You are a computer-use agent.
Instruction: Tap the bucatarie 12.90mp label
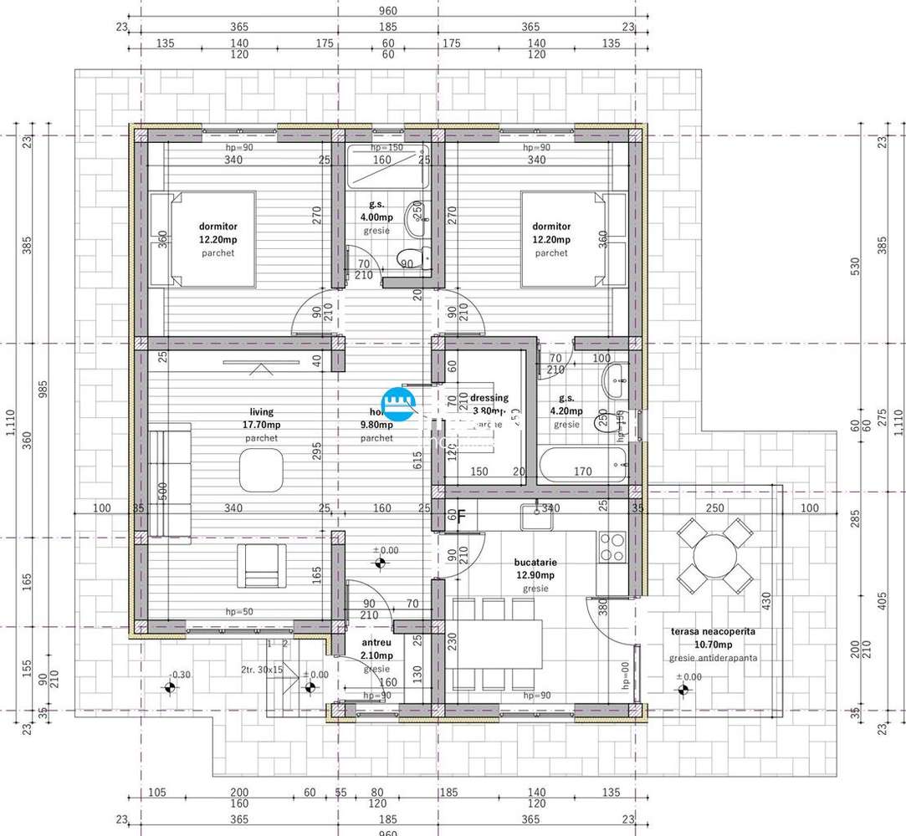tap(535, 575)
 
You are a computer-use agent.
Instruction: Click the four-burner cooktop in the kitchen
tap(612, 546)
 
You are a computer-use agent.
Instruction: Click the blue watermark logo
tap(399, 405)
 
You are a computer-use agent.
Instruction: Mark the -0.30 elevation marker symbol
tap(171, 688)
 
